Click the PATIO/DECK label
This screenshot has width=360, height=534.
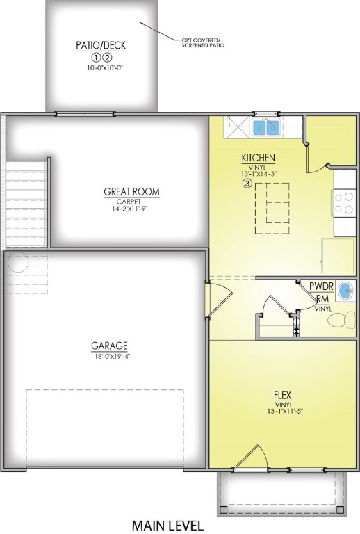point(101,47)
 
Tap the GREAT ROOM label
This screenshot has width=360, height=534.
point(131,191)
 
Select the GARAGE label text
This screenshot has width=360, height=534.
point(109,346)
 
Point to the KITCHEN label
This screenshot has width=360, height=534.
point(259,158)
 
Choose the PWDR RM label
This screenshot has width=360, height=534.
point(321,292)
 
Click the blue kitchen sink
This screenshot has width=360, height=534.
point(265,127)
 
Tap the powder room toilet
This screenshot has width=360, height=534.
point(338,321)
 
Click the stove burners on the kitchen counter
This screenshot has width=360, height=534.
point(344,203)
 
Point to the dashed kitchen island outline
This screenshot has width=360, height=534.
point(272,207)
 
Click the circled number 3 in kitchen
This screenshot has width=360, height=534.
point(247,184)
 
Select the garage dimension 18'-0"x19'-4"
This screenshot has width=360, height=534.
point(109,356)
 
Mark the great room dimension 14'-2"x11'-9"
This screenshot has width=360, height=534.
point(131,208)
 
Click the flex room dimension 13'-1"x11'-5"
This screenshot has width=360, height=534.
point(283,411)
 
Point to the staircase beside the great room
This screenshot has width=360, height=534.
point(26,202)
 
